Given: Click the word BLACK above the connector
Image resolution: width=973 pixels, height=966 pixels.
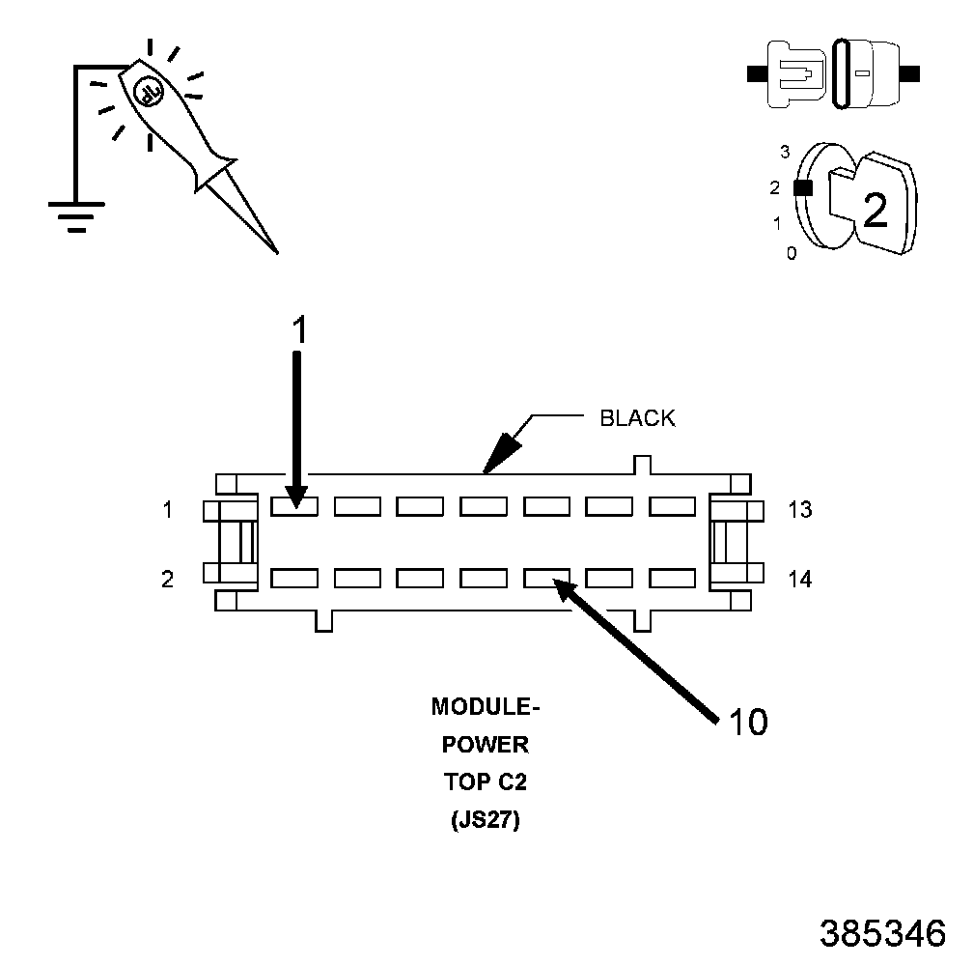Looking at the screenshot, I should point(637,418).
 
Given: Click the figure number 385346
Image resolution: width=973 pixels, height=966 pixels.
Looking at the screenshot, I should point(881,933).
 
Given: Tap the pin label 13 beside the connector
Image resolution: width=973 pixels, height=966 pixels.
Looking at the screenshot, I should point(799,509).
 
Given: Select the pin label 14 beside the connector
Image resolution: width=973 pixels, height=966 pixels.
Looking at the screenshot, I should point(799,580).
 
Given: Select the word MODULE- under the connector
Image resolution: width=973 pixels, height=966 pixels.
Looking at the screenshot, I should point(486,707).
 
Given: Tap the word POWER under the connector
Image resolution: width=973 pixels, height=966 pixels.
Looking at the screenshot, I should point(486,746).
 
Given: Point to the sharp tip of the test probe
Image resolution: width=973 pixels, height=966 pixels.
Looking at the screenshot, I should point(277,251).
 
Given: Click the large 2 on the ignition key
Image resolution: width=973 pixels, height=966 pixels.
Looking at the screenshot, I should point(876,210).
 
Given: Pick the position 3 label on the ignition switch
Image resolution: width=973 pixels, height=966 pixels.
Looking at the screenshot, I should point(785,152).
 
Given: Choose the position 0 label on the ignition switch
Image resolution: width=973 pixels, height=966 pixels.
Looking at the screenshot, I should point(792,254).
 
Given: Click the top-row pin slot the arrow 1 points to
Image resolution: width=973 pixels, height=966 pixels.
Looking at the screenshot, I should point(294,505).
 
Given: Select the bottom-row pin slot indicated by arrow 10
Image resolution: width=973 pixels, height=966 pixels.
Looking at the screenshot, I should point(547,578).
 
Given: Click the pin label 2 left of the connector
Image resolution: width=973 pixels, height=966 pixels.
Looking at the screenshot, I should point(168,580).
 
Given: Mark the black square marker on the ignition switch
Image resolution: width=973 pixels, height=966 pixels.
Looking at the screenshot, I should point(801,188).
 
